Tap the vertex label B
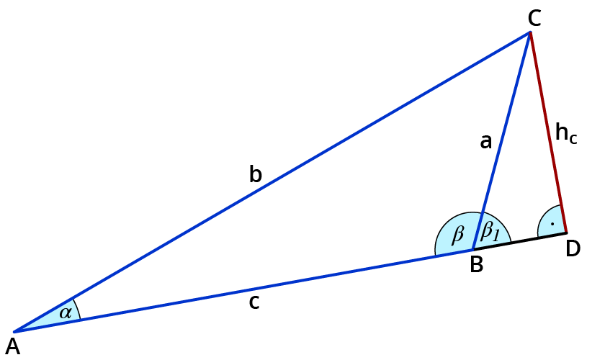tap(476, 265)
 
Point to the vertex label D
tap(573, 248)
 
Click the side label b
tap(255, 174)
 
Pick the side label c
tap(254, 302)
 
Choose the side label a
tap(486, 142)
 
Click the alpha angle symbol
tap(66, 312)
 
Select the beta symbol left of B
tap(457, 235)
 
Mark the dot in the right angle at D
tap(552, 225)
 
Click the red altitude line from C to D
tap(547, 130)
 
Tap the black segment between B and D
tap(519, 240)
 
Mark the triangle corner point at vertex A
tap(14, 331)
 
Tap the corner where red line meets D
tap(565, 232)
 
